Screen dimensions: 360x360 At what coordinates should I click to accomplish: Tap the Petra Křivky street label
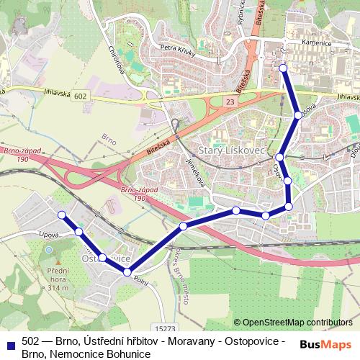tap(179, 50)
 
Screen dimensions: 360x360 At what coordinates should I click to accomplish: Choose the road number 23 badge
tap(230, 103)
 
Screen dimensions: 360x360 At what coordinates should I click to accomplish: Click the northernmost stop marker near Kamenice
tap(283, 68)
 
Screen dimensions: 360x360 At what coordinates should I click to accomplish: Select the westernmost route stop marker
tap(62, 215)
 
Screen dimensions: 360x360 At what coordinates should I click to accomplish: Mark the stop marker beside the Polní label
tap(127, 272)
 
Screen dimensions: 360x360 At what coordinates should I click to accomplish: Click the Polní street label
tap(140, 282)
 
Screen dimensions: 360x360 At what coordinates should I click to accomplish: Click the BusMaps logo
tap(326, 343)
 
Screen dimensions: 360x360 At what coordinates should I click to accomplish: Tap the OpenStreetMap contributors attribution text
tap(297, 323)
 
